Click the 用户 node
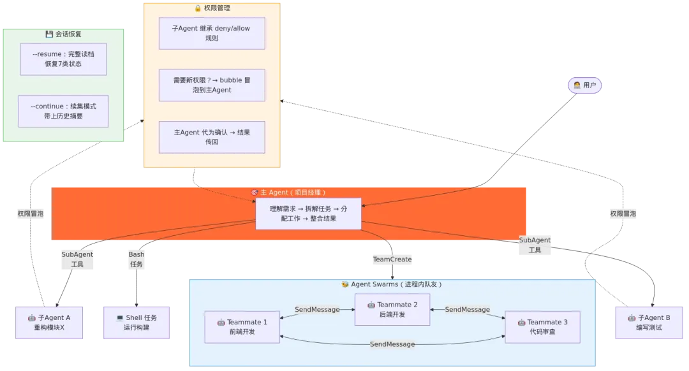coord(584,85)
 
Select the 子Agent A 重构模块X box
coord(49,323)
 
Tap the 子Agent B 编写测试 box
coord(649,323)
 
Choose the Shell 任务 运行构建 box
coord(137,323)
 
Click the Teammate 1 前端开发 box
coord(242,327)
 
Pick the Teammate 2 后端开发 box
coord(392,310)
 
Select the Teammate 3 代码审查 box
coord(542,327)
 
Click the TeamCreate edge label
coord(392,259)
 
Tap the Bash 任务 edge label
coord(137,259)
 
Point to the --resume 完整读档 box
coord(63,59)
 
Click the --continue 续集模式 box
coord(63,111)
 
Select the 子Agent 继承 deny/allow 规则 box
coord(212,33)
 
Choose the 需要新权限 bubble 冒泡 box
coord(212,85)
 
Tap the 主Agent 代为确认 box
coord(212,137)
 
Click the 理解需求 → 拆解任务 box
coord(309,214)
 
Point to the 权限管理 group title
coord(212,8)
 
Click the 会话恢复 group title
coord(63,34)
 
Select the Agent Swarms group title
coord(392,284)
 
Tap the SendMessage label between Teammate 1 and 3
coord(392,344)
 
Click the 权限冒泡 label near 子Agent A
coord(31,214)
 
